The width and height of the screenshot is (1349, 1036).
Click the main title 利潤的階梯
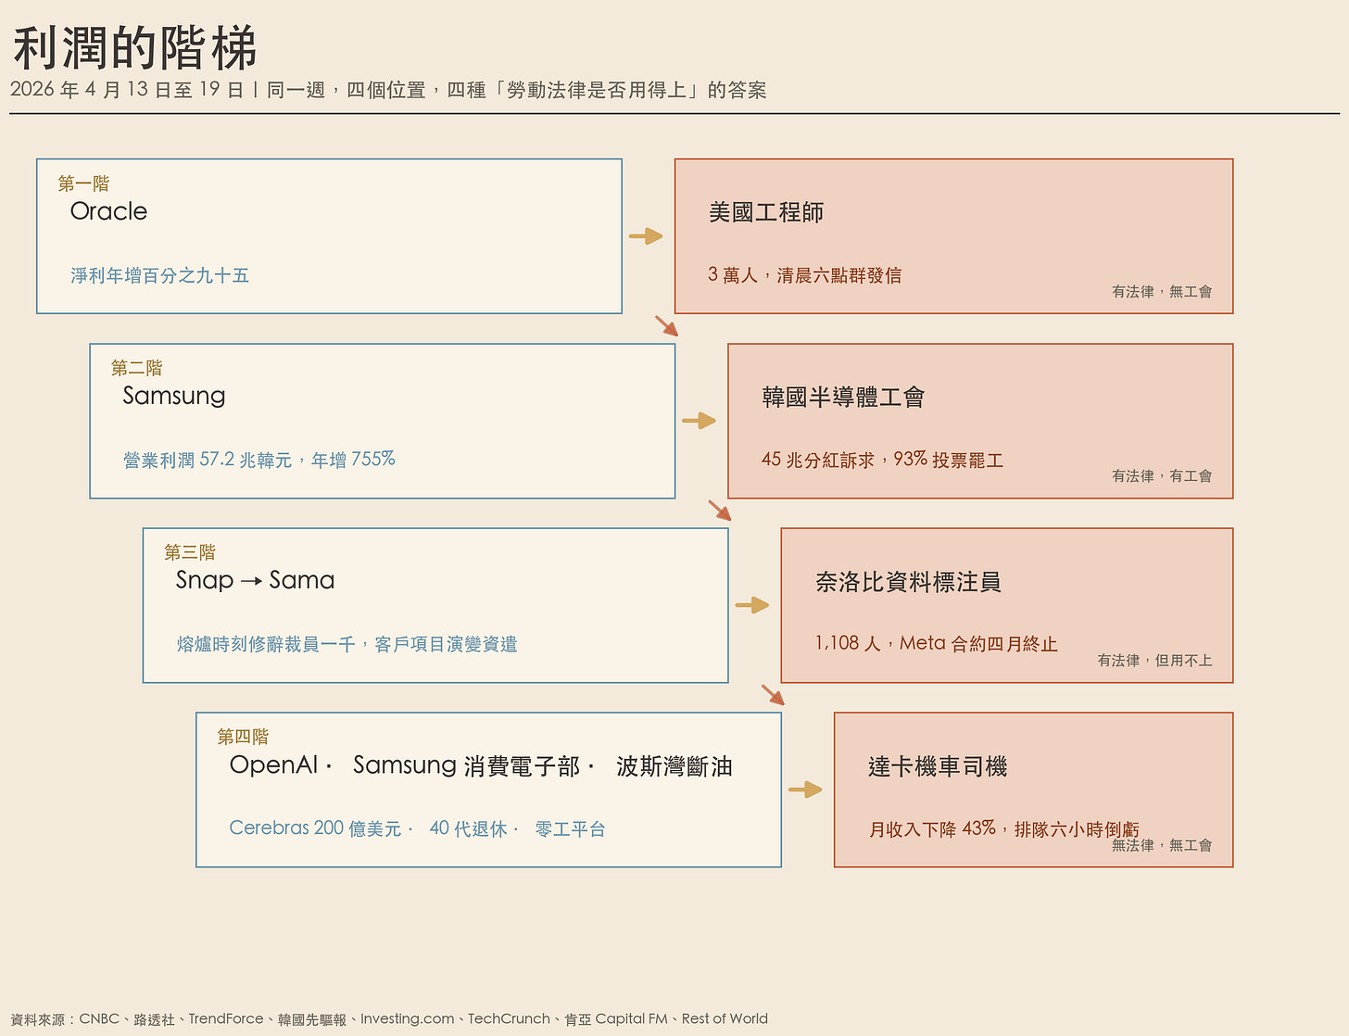tap(134, 48)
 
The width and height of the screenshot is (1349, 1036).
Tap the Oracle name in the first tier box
tap(108, 211)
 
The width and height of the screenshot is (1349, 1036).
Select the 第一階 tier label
tap(83, 183)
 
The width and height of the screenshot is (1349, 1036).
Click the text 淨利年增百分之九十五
tap(159, 275)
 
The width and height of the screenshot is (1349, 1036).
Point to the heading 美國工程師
tap(765, 212)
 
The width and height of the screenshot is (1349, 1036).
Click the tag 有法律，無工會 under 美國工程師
tap(1161, 291)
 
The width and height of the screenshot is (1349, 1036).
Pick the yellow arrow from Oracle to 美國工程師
tap(646, 236)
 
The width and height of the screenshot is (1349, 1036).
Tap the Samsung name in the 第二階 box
tap(174, 396)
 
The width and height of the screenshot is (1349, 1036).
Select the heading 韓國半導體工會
tap(843, 398)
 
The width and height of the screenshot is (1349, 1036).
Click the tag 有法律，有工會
tap(1161, 475)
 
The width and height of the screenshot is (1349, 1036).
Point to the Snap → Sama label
tap(255, 580)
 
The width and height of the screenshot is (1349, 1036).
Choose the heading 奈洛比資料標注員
tap(908, 582)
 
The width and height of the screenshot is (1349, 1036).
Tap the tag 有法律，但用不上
tap(1154, 660)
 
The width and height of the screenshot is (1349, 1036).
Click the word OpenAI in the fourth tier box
tap(273, 765)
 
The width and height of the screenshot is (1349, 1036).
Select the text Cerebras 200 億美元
tap(315, 828)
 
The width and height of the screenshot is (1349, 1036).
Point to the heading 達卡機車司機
tap(937, 766)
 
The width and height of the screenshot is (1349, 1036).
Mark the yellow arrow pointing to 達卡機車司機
tap(805, 790)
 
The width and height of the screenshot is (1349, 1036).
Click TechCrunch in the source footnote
tap(508, 1018)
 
